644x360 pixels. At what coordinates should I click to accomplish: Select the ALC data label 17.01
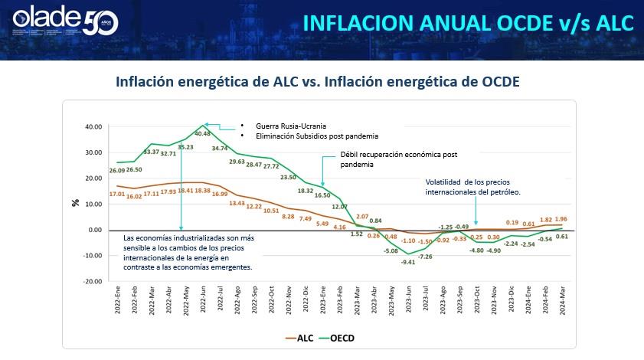pyautogui.click(x=117, y=195)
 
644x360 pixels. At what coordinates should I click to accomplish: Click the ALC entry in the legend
pyautogui.click(x=299, y=336)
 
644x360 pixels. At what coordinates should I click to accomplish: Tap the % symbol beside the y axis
pyautogui.click(x=75, y=202)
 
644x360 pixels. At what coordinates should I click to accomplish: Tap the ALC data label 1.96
pyautogui.click(x=562, y=218)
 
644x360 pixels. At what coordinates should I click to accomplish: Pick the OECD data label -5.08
pyautogui.click(x=391, y=250)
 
